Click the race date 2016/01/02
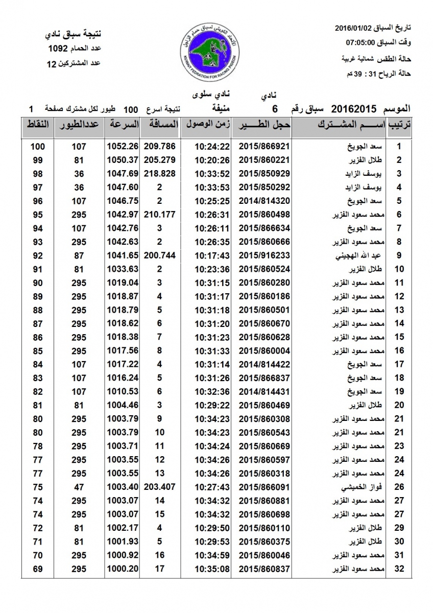[x=357, y=27]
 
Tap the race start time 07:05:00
[x=363, y=42]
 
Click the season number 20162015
[x=354, y=109]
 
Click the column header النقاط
[x=37, y=125]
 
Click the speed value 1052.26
[x=123, y=147]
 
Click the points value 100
[x=37, y=147]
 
